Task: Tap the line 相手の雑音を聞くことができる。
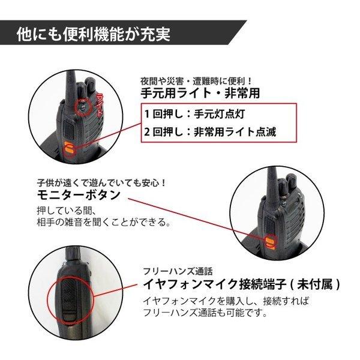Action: click(101, 223)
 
